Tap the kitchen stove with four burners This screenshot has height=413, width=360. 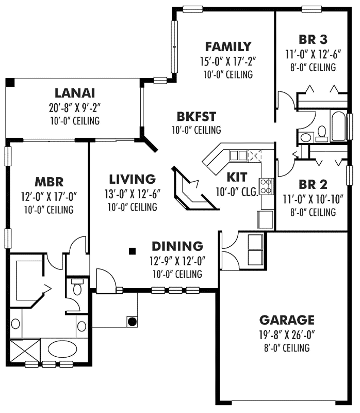(267, 186)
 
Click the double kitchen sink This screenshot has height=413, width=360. (238, 155)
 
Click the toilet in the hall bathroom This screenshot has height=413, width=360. (322, 134)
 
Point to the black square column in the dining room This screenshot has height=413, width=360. (132, 251)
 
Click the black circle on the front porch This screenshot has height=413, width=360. (132, 321)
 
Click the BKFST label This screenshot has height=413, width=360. (196, 116)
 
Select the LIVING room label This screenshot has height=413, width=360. (132, 179)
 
